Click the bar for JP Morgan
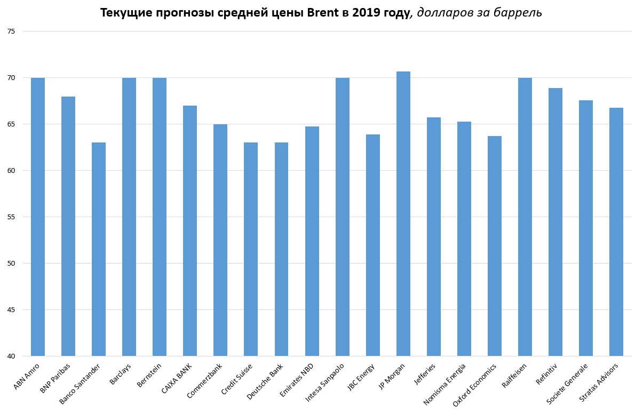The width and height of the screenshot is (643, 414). pos(403,213)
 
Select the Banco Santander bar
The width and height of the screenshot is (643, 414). pos(99,249)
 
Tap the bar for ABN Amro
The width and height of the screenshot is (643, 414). pos(38,217)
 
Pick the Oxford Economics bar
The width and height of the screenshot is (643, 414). pos(495,246)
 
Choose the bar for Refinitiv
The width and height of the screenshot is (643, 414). pos(555,222)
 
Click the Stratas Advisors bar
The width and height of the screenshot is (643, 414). pos(616,232)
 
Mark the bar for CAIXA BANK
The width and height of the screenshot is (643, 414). pos(190,230)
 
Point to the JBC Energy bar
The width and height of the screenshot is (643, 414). pos(373,245)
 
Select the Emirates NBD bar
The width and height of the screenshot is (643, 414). pos(312,241)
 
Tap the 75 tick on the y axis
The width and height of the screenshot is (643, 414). pos(11,31)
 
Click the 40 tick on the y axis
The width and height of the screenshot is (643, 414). pos(11,356)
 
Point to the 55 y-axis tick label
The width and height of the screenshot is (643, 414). pos(11,217)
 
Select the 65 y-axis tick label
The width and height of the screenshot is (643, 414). pos(11,124)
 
